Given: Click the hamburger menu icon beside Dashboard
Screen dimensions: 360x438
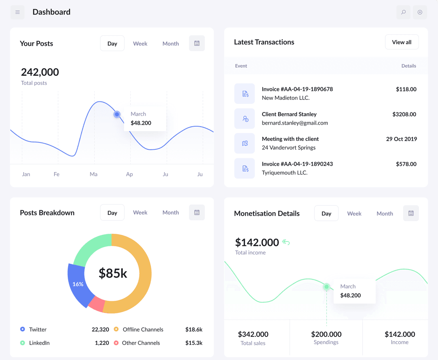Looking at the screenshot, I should pyautogui.click(x=17, y=12).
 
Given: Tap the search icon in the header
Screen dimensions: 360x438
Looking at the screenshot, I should pyautogui.click(x=403, y=12).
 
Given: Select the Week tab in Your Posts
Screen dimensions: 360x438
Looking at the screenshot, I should pyautogui.click(x=140, y=43).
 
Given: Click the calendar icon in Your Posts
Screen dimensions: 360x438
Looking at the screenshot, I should pyautogui.click(x=197, y=43).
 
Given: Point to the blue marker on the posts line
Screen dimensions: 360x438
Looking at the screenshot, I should pyautogui.click(x=117, y=114).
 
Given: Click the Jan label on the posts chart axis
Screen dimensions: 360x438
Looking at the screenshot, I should pyautogui.click(x=26, y=174).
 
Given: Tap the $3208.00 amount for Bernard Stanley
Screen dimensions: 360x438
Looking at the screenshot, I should pyautogui.click(x=404, y=114).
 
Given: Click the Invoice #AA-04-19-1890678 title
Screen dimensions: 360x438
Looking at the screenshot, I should pyautogui.click(x=297, y=89).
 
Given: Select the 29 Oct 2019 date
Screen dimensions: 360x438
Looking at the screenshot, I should pyautogui.click(x=401, y=139).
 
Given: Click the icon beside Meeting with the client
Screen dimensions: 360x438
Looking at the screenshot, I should pyautogui.click(x=245, y=143).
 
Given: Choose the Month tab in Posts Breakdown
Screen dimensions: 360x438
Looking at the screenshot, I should pyautogui.click(x=170, y=213).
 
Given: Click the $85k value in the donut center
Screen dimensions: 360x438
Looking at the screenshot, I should pyautogui.click(x=113, y=274).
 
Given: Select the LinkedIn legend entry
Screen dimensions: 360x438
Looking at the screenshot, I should pyautogui.click(x=39, y=343).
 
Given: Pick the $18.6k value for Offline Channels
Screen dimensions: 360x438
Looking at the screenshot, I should pyautogui.click(x=193, y=330).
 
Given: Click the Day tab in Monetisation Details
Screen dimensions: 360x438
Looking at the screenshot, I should pyautogui.click(x=326, y=213).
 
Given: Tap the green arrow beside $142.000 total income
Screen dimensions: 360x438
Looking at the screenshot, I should pyautogui.click(x=286, y=243).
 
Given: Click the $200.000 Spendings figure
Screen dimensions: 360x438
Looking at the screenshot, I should pyautogui.click(x=326, y=334).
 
